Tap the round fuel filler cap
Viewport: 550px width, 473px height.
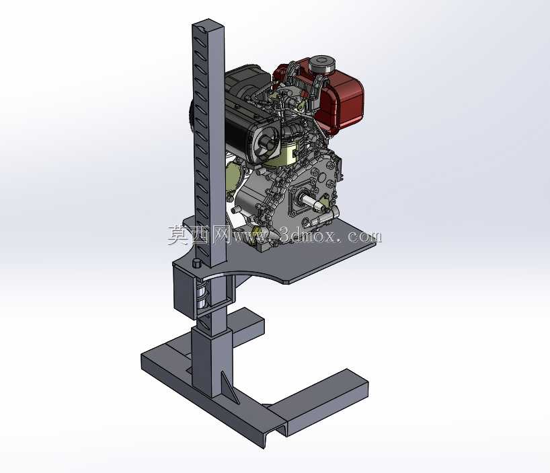(x=321, y=64)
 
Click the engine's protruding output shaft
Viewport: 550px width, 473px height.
(x=311, y=202)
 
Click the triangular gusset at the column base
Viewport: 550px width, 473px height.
(x=230, y=387)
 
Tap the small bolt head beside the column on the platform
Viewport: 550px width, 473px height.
(x=196, y=263)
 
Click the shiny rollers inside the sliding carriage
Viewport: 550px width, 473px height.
(x=202, y=295)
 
